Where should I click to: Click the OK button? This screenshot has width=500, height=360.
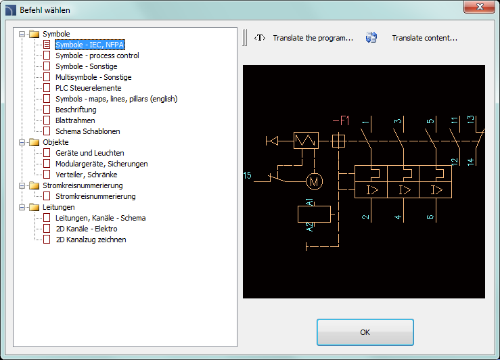click(x=365, y=332)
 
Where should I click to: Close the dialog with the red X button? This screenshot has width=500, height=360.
click(x=479, y=7)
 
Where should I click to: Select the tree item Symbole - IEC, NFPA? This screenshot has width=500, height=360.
click(x=89, y=45)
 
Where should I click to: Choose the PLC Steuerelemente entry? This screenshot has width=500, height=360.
click(x=89, y=88)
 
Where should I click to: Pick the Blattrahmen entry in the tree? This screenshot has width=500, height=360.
click(x=75, y=120)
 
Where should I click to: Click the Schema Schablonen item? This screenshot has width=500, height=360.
click(x=88, y=131)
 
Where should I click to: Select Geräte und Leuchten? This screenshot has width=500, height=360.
click(x=89, y=153)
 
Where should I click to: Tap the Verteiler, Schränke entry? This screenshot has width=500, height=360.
click(x=87, y=175)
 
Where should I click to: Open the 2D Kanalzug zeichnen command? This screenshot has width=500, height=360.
click(x=91, y=240)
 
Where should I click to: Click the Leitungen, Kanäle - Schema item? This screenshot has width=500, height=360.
click(x=100, y=218)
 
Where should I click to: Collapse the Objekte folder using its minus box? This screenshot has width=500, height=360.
click(x=22, y=142)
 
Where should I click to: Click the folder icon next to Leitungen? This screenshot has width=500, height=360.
click(x=34, y=207)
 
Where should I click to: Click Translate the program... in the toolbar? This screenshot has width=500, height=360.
click(x=313, y=38)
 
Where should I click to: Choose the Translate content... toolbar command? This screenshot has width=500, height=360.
click(x=424, y=38)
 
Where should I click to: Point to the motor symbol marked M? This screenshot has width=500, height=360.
click(x=314, y=182)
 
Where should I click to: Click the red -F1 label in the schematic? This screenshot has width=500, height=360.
click(x=341, y=121)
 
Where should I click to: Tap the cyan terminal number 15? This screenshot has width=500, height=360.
click(x=247, y=175)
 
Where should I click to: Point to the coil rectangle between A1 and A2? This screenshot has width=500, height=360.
click(x=314, y=214)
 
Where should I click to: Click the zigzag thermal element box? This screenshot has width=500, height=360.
click(x=306, y=140)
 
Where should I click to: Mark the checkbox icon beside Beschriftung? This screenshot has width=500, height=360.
click(x=47, y=110)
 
